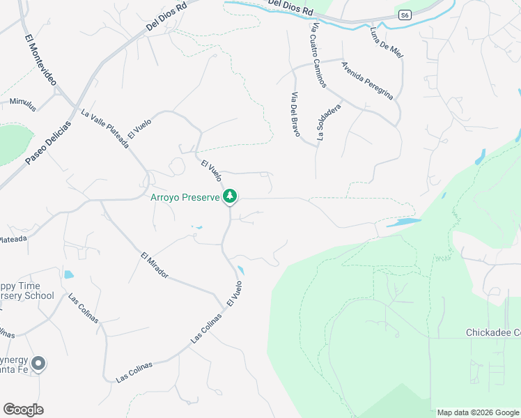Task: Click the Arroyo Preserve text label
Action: click(x=185, y=197)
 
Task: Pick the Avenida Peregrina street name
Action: click(x=367, y=80)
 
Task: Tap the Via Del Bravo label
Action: click(x=295, y=114)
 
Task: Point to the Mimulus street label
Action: click(x=22, y=103)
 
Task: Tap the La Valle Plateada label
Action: click(x=104, y=129)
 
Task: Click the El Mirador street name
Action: click(x=154, y=265)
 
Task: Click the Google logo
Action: click(x=23, y=410)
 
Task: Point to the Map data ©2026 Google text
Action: click(x=478, y=412)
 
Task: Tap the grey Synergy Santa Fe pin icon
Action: click(x=38, y=364)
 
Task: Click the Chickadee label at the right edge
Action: click(x=493, y=333)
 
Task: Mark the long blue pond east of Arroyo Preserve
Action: click(x=403, y=223)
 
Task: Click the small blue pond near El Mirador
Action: click(x=68, y=274)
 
